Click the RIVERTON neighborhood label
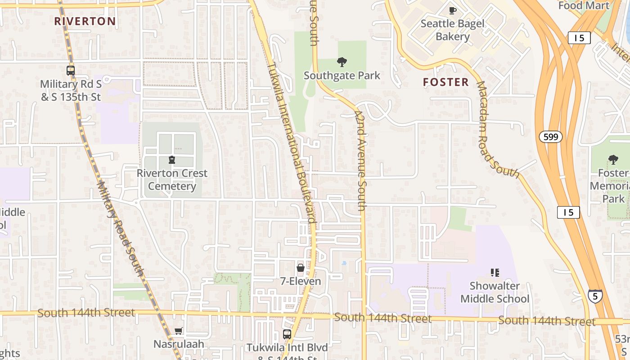click(x=85, y=21)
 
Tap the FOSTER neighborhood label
click(x=446, y=82)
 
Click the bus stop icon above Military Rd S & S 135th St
click(x=71, y=70)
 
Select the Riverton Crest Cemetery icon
click(x=171, y=160)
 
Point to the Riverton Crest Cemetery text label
click(x=172, y=180)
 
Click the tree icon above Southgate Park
click(x=342, y=62)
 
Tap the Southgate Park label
click(x=342, y=76)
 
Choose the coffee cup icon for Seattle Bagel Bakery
click(x=453, y=10)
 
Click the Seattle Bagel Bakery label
click(x=453, y=30)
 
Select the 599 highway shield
click(x=551, y=137)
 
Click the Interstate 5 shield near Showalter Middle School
click(x=595, y=296)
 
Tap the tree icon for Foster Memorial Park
click(x=613, y=159)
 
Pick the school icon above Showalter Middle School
click(x=495, y=272)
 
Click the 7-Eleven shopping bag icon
click(x=301, y=268)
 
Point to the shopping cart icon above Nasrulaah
click(x=179, y=331)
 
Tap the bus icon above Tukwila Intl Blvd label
click(x=287, y=334)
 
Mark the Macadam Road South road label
click(x=497, y=129)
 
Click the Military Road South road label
click(x=120, y=228)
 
